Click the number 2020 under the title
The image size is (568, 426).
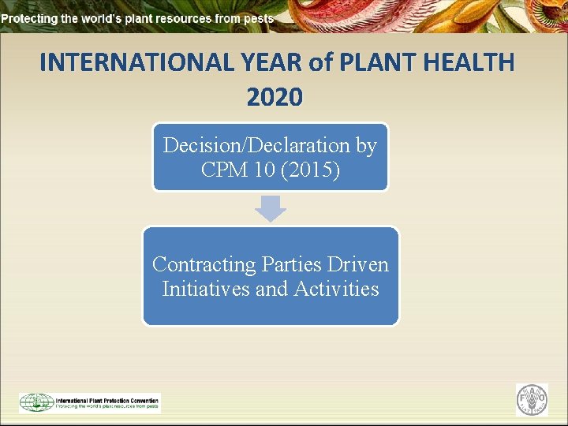[274, 97]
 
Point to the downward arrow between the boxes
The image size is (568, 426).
[271, 209]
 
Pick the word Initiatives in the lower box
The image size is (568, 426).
[205, 289]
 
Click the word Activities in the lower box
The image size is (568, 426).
[336, 289]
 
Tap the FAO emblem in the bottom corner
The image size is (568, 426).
[532, 400]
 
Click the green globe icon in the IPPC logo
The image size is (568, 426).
[36, 402]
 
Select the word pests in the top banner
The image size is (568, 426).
[259, 17]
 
